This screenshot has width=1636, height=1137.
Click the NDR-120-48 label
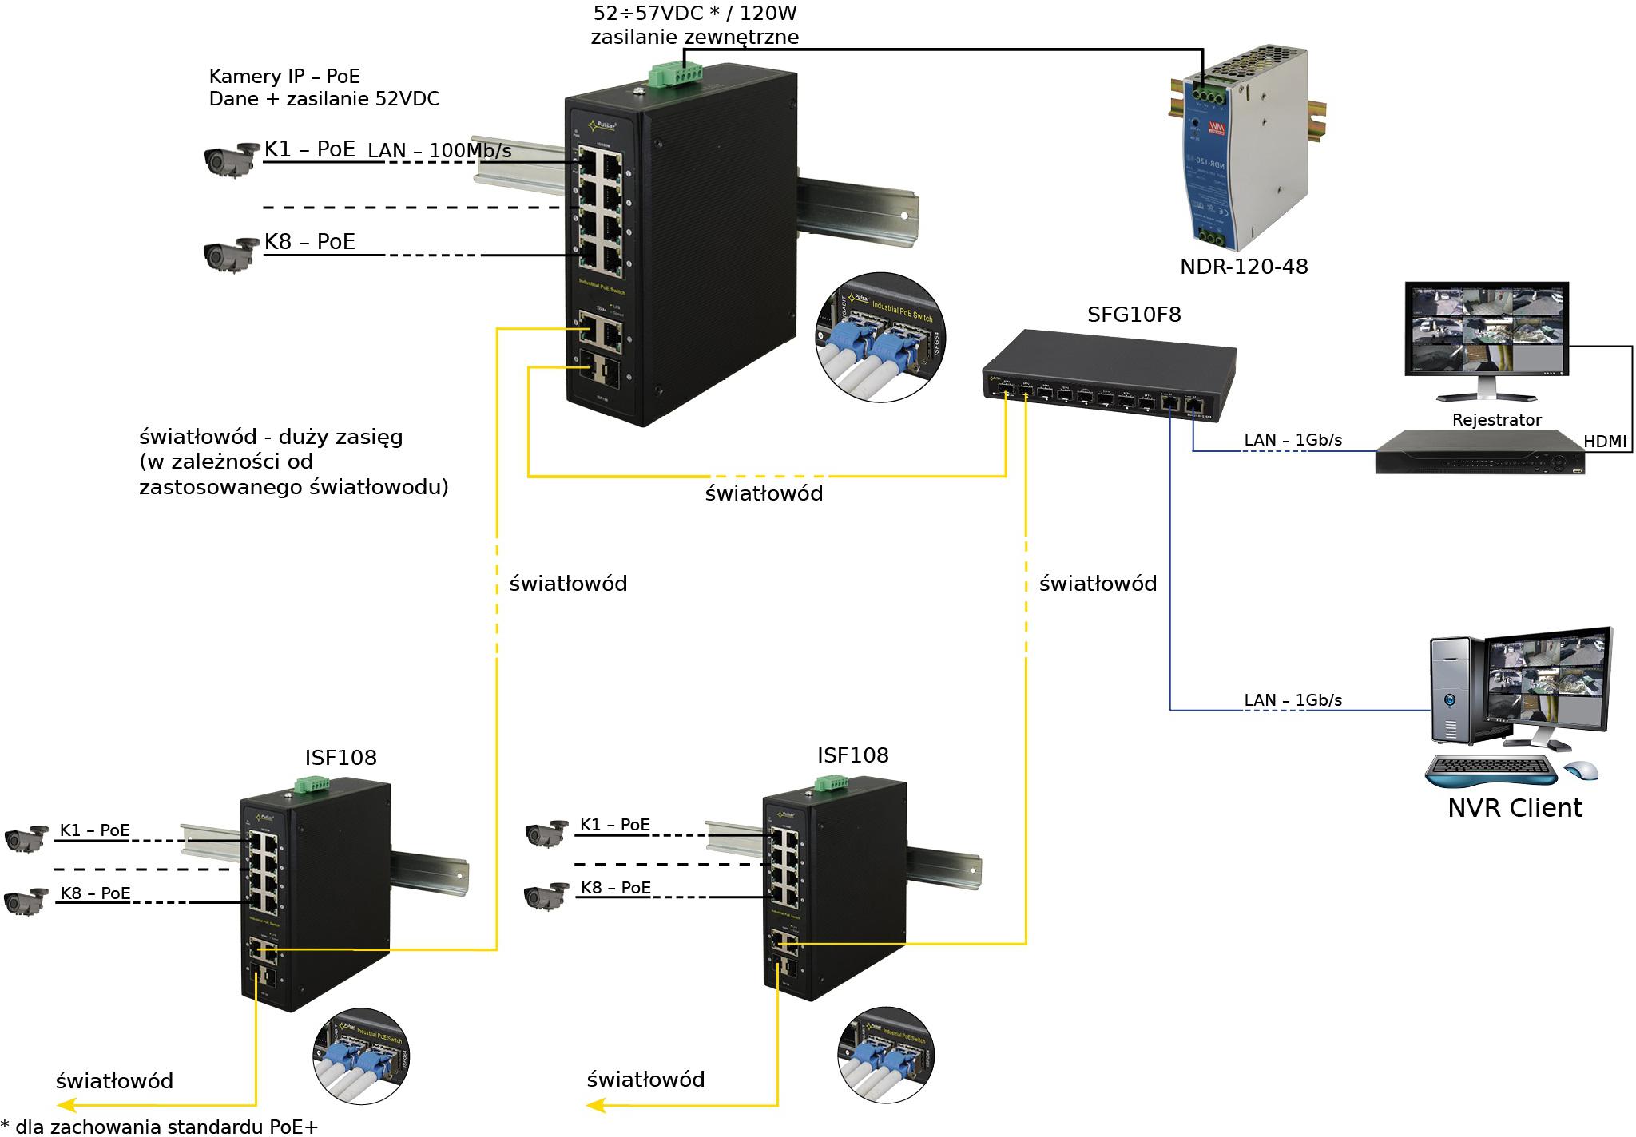1243,267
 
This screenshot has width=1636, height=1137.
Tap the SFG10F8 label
1134,315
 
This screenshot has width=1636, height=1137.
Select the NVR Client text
1514,808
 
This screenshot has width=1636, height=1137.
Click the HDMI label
1604,441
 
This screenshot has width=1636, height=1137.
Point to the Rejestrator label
1496,420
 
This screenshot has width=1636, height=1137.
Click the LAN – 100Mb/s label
439,150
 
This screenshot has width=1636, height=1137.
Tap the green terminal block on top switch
675,74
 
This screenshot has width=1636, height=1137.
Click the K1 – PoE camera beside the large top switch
230,160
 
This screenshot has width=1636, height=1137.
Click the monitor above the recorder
1486,335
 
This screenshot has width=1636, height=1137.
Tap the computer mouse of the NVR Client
1580,771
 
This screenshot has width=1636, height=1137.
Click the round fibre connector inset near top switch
880,337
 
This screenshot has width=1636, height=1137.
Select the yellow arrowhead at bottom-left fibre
66,1105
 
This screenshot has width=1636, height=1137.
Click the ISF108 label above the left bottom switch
340,758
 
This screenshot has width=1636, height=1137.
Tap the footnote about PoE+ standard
160,1127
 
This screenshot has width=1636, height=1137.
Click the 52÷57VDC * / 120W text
694,14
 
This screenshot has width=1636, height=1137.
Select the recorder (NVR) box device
1479,454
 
